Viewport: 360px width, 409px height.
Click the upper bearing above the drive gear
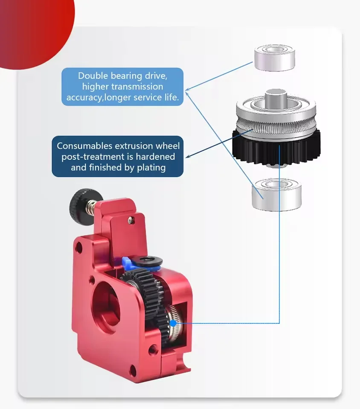click(x=275, y=59)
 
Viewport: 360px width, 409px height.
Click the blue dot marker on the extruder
click(x=173, y=323)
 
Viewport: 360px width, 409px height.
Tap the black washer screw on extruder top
click(x=148, y=260)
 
